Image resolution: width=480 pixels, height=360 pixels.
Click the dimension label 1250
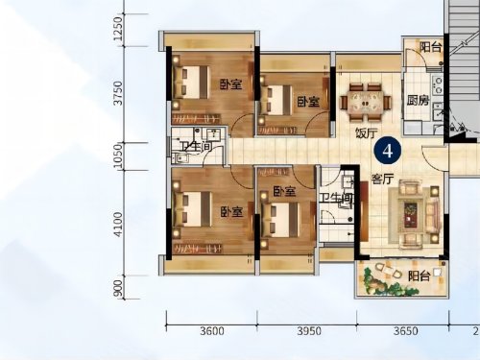tap(118, 29)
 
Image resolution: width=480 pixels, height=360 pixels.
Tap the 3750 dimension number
tap(118, 93)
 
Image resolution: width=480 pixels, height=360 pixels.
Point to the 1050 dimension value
tap(118, 156)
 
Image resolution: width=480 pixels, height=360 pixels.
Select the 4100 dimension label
tap(118, 225)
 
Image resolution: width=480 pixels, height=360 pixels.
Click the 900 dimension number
tap(118, 288)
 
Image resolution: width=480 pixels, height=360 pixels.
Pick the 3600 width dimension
tap(212, 331)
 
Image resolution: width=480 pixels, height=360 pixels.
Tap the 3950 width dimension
tap(309, 331)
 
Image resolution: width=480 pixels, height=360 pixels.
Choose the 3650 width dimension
tap(405, 331)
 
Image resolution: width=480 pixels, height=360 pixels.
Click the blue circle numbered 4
tap(388, 151)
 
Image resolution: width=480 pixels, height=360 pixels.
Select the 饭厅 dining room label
tap(367, 132)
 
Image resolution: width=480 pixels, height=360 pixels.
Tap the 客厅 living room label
tap(382, 179)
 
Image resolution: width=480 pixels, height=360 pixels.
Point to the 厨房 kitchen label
tap(418, 101)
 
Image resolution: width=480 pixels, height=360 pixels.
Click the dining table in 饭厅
tap(366, 103)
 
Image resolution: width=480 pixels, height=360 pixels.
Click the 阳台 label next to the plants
tap(419, 276)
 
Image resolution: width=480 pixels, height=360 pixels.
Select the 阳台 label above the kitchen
tap(430, 48)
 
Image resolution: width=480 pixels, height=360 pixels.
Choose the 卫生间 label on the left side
tap(196, 147)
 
